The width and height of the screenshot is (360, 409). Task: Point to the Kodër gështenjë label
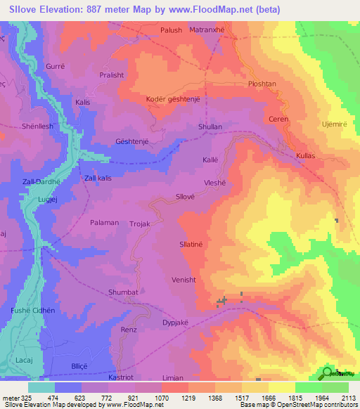coord(173,99)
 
